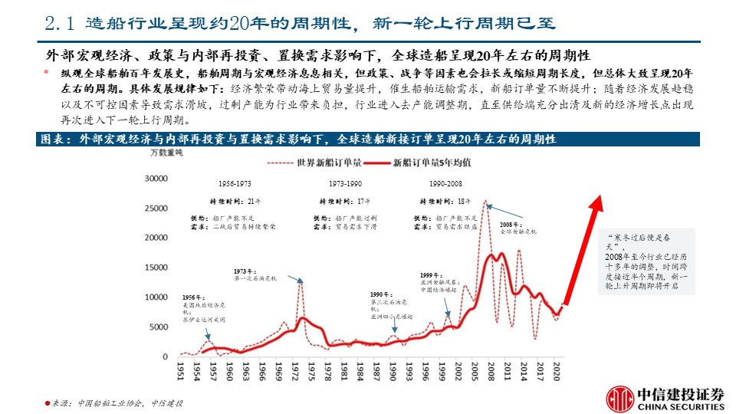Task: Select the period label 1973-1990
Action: pos(346,185)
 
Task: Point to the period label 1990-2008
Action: pos(445,185)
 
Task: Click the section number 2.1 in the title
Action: pos(59,24)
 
